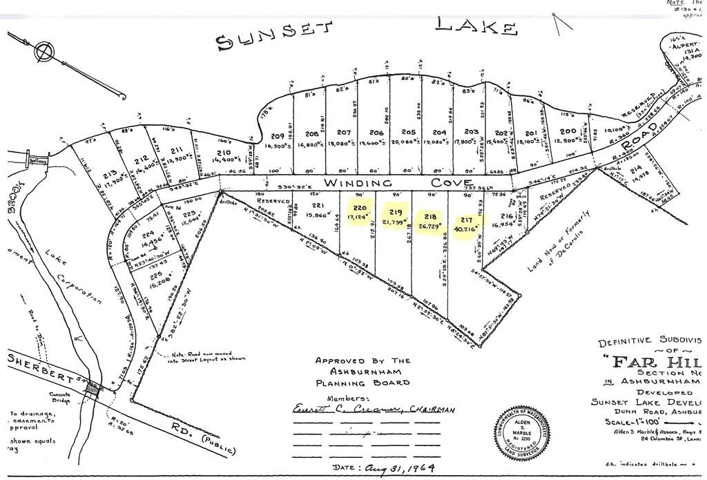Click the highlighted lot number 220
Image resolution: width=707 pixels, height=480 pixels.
point(360,208)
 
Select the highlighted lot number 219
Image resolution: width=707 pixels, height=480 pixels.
point(396,211)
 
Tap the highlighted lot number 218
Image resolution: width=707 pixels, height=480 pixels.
point(431,216)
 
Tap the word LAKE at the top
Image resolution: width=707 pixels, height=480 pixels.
point(476,26)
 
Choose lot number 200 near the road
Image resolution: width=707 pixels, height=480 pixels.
point(568,131)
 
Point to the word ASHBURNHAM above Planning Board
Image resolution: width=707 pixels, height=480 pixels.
point(362,372)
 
